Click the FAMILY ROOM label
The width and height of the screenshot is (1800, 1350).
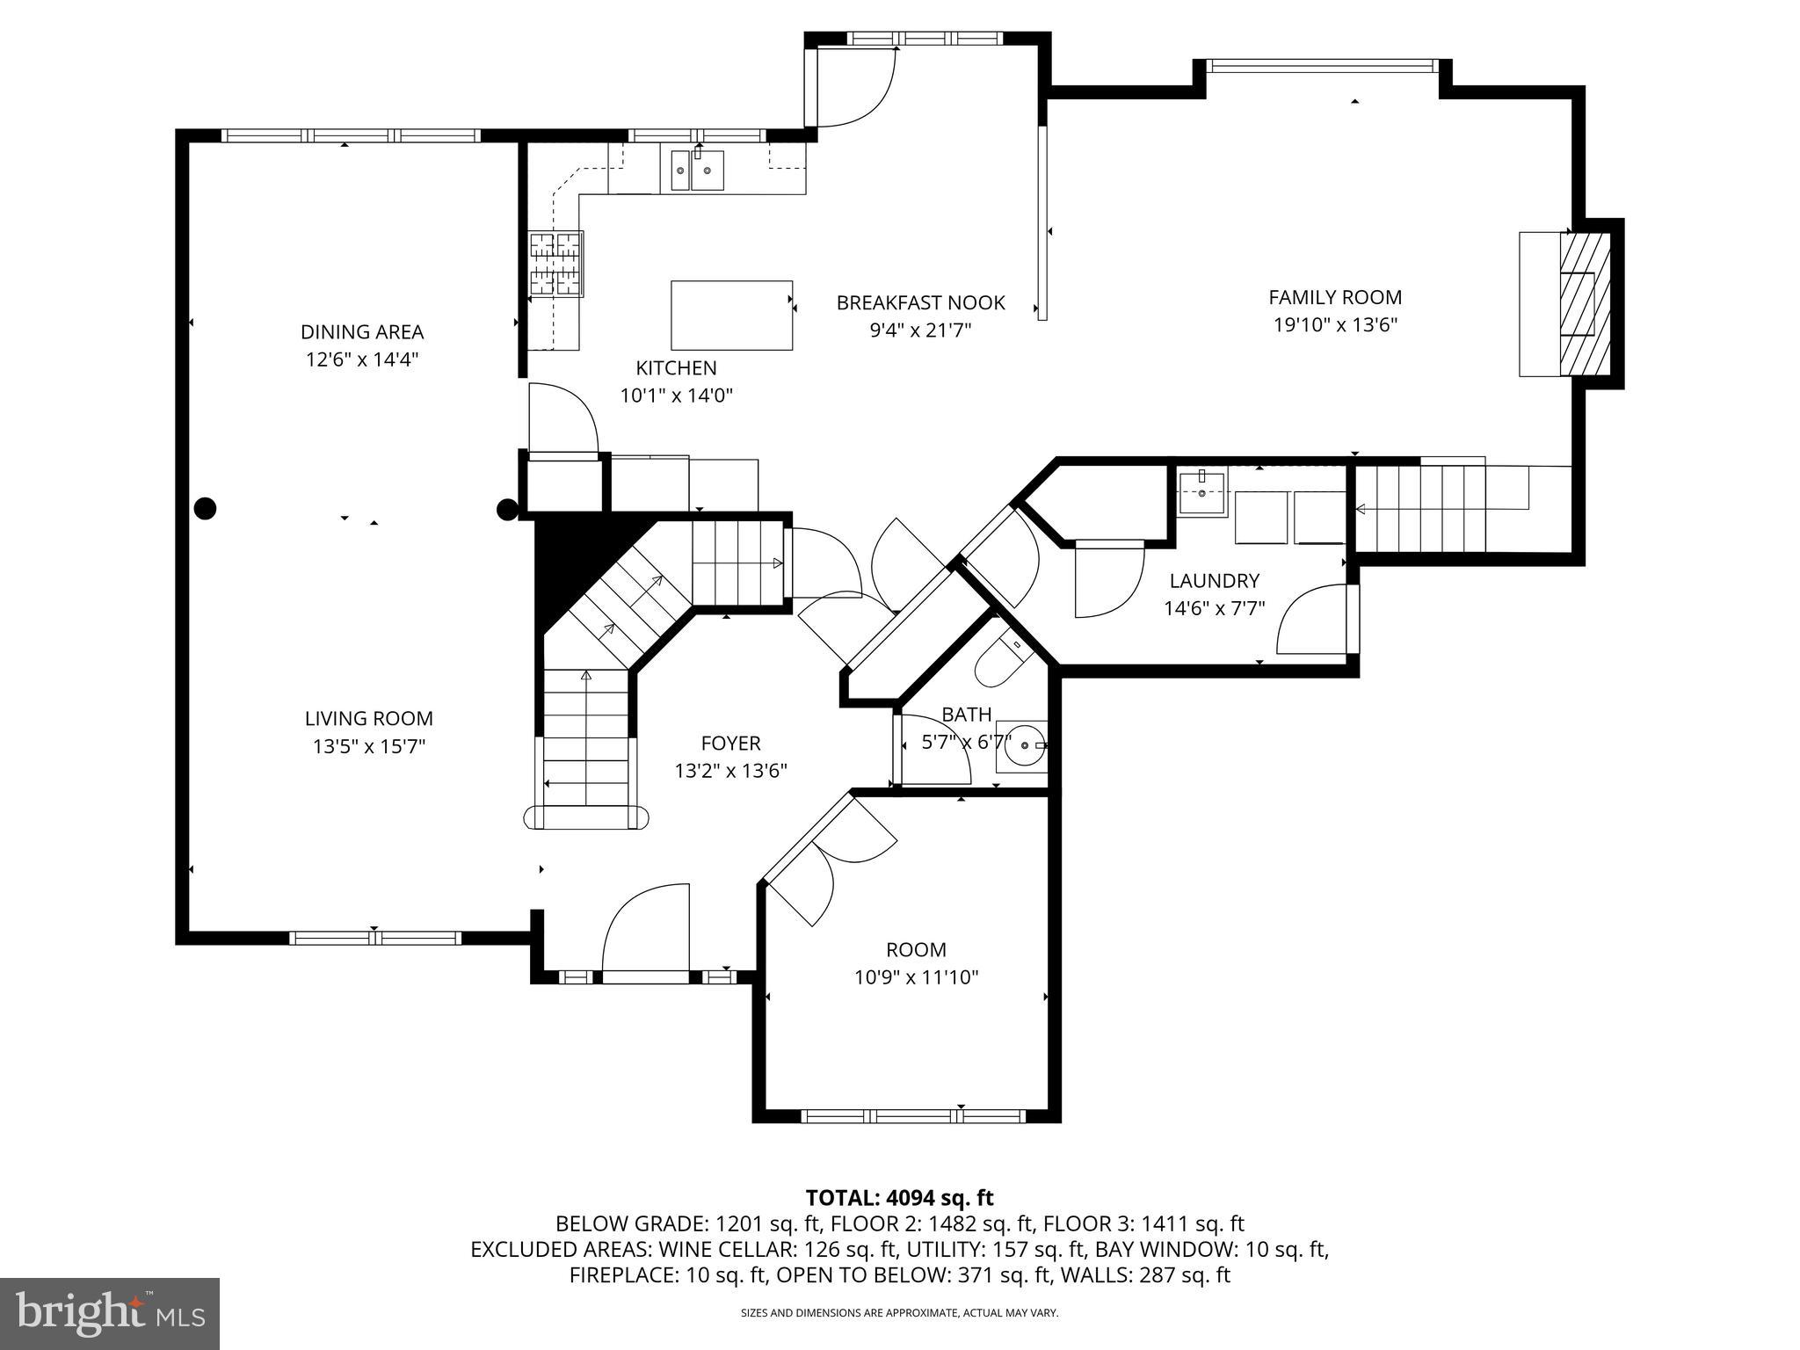coord(1334,297)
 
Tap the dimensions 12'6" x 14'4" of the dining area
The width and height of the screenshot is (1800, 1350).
coord(362,359)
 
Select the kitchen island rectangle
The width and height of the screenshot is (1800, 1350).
coord(731,316)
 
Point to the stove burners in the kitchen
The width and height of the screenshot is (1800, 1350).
coord(555,262)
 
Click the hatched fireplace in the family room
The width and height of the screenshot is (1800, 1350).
coord(1585,303)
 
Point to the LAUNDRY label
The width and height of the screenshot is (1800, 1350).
coord(1214,581)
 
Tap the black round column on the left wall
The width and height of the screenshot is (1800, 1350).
coord(204,508)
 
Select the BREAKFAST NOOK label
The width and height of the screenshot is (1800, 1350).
coord(920,302)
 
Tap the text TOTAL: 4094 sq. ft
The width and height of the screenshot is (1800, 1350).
coord(899,1197)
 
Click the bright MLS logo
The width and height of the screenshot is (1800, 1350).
coord(110,1313)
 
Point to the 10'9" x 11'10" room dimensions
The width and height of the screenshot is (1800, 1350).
coord(916,977)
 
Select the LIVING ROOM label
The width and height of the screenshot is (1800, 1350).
coord(368,718)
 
